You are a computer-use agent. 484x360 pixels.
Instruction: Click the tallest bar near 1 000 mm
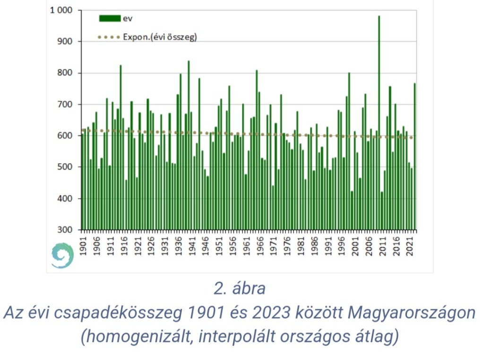coord(379,123)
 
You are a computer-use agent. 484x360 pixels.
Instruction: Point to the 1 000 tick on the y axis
coord(61,10)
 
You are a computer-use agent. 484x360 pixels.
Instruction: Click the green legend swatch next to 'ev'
coord(110,18)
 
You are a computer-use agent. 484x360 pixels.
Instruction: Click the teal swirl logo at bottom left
coord(62,256)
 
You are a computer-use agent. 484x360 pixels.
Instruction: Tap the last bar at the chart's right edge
coord(415,156)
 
